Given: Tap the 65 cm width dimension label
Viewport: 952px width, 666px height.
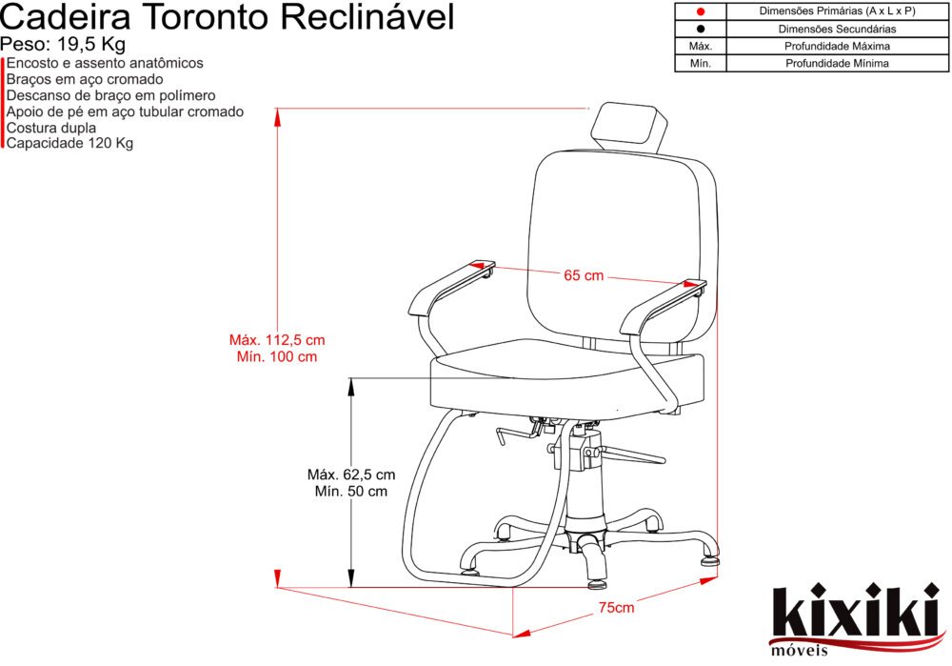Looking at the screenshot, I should click(x=584, y=276).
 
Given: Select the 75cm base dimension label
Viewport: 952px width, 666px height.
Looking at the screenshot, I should click(x=616, y=608).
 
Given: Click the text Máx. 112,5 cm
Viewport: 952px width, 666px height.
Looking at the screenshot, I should click(x=277, y=339).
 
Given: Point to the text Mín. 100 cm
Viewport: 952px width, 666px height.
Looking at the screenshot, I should click(x=277, y=356).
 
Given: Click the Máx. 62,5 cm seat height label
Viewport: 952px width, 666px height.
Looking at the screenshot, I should click(x=350, y=474).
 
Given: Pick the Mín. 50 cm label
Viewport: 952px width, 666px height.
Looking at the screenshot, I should click(x=350, y=492).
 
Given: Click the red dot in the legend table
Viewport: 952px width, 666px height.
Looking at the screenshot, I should click(x=700, y=11).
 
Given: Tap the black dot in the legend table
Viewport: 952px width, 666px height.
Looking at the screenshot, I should click(x=700, y=29).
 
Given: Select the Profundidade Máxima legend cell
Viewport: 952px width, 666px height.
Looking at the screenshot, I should click(x=837, y=46).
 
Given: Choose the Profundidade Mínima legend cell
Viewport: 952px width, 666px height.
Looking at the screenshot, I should click(x=837, y=64).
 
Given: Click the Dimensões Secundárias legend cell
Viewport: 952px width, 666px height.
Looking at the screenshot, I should click(x=837, y=29).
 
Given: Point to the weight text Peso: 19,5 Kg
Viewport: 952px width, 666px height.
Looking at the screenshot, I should click(x=62, y=45).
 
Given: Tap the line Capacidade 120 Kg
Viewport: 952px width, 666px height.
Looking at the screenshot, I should click(x=69, y=143).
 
